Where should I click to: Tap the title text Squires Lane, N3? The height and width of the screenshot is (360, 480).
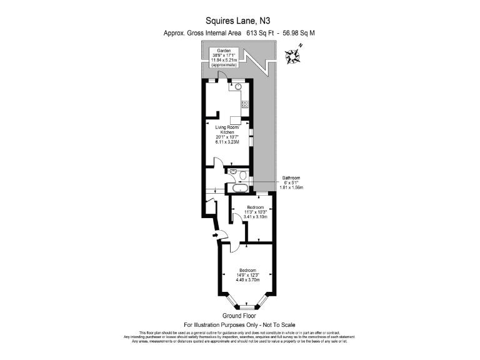[240, 20]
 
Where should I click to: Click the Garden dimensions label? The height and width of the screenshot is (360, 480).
[224, 57]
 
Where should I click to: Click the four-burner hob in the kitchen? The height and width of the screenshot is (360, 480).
[245, 104]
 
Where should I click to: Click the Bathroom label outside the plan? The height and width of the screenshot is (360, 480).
[292, 182]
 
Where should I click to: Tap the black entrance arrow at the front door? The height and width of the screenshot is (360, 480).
[216, 235]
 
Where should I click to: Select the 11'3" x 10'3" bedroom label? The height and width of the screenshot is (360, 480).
[255, 212]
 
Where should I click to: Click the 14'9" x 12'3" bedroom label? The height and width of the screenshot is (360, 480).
[247, 274]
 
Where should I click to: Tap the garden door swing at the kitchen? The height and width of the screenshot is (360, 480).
[220, 77]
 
